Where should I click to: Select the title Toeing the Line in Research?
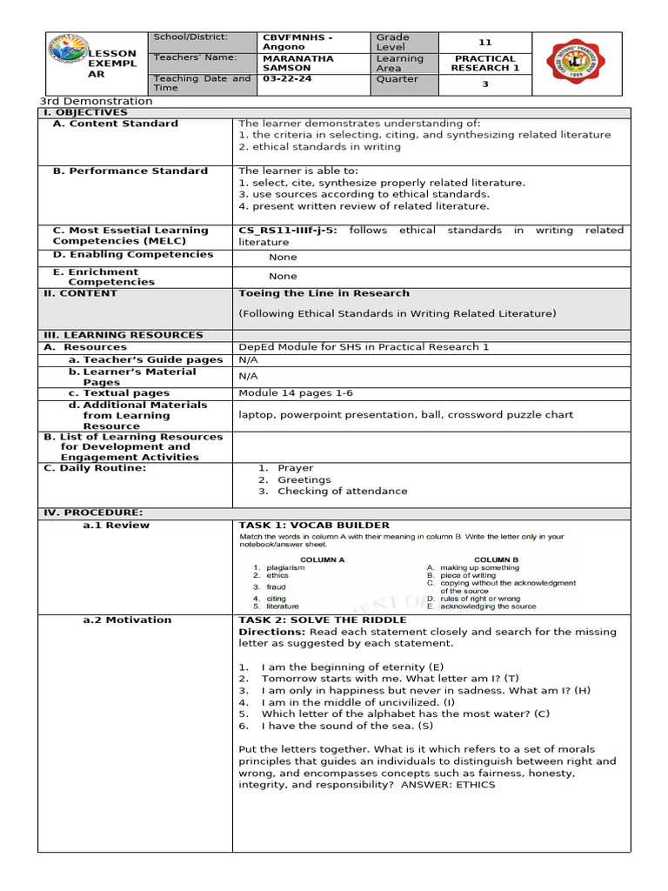(x=324, y=293)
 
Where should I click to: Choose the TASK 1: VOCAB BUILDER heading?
(x=314, y=526)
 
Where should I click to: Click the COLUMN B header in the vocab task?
(x=496, y=559)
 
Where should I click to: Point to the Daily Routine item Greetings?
(x=304, y=479)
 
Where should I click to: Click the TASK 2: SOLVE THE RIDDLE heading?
(x=323, y=620)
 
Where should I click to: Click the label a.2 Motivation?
(x=127, y=620)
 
